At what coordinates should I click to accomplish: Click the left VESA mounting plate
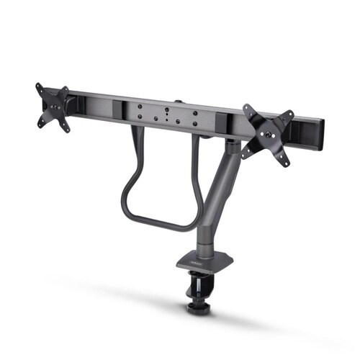point(53,107)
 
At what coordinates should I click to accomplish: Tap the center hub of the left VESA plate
point(53,107)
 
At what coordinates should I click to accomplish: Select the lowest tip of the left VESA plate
point(68,130)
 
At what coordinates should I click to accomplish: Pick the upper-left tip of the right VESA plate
point(246,107)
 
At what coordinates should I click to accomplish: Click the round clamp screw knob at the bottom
point(196,307)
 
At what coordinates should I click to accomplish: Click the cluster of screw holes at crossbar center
point(167,114)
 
